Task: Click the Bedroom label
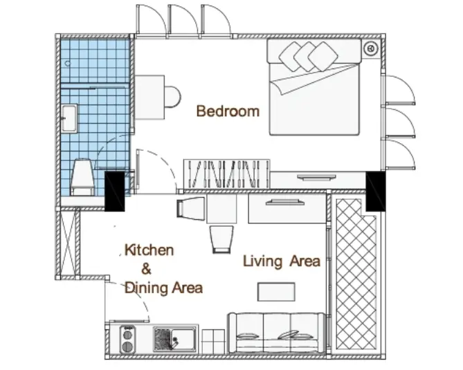(x=228, y=111)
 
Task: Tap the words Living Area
(x=282, y=261)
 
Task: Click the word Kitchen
(x=149, y=250)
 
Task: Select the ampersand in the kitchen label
(x=146, y=269)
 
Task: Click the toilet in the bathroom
(x=82, y=177)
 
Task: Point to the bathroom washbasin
(x=70, y=118)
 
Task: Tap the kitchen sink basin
(x=174, y=340)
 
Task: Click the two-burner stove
(x=127, y=340)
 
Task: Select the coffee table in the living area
(x=276, y=292)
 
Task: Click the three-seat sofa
(x=277, y=333)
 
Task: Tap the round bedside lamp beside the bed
(x=370, y=48)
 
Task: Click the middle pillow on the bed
(x=307, y=56)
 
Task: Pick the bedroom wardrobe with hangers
(x=226, y=174)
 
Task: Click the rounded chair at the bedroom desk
(x=172, y=97)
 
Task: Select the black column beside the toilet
(x=115, y=191)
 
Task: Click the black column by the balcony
(x=376, y=191)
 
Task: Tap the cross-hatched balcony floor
(x=356, y=273)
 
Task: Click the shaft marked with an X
(x=68, y=243)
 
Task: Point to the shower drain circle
(x=68, y=64)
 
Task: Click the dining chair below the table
(x=221, y=239)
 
